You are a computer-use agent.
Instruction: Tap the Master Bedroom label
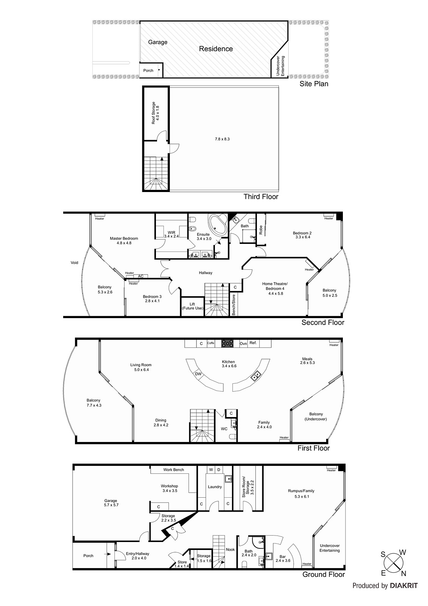124,241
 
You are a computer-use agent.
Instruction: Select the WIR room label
171,234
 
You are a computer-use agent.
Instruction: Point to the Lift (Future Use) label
192,306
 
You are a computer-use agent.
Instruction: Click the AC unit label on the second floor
141,276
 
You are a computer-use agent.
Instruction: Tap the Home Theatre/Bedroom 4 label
275,288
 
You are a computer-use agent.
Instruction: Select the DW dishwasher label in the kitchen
198,374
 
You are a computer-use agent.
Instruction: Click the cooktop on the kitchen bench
227,343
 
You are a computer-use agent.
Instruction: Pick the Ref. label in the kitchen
253,343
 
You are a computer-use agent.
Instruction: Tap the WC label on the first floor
224,429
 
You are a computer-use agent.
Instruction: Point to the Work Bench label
173,470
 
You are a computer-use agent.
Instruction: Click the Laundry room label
215,487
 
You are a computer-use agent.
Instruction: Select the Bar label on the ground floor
282,558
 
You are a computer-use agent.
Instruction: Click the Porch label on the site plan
148,70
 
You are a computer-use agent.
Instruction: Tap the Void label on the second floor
74,262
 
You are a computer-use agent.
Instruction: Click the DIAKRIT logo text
404,586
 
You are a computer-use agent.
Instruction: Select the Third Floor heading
261,197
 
